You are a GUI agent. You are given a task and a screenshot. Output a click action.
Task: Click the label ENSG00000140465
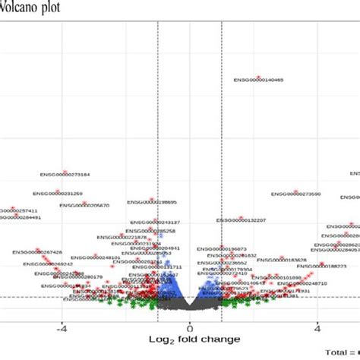pos(258,80)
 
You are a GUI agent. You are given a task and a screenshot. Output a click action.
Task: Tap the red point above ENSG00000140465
pos(258,75)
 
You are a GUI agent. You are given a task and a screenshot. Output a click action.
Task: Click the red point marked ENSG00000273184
pos(65,171)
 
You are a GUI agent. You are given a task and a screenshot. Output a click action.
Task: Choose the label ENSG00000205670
pos(84,205)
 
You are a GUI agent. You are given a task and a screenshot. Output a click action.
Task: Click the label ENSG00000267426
pos(37,252)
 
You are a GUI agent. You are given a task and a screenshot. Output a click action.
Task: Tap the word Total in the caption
pos(338,352)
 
